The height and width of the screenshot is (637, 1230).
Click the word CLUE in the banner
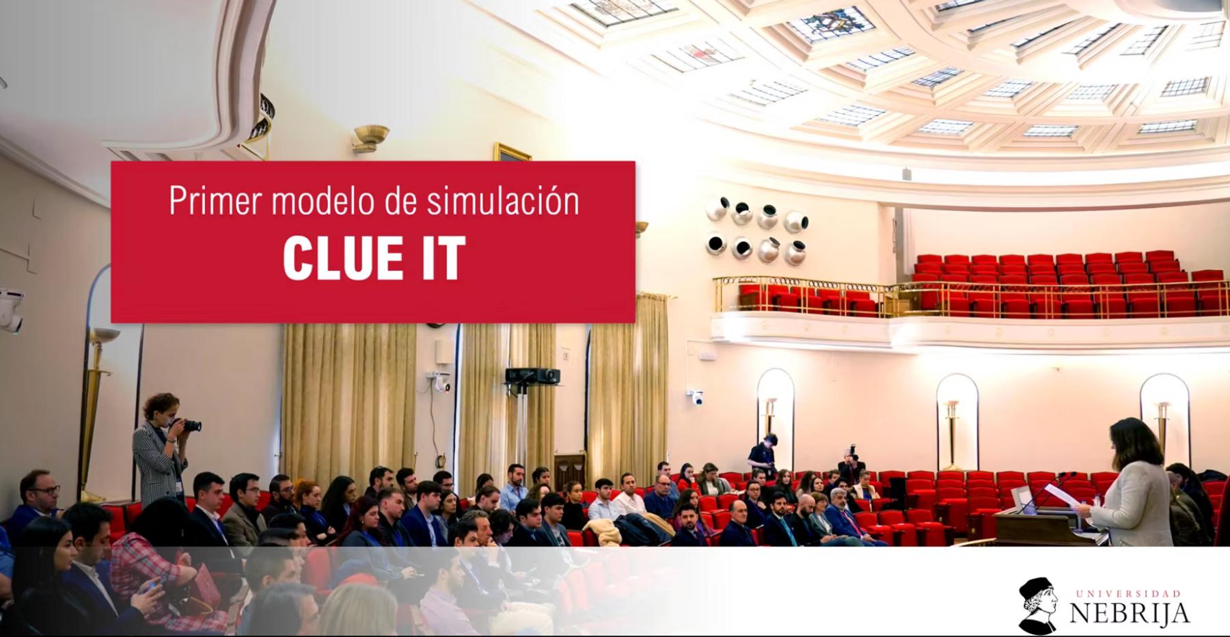point(343,258)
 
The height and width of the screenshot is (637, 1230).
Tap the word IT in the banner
point(443,258)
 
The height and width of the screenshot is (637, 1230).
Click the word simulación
point(503,200)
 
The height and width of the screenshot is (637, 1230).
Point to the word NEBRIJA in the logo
point(1129,613)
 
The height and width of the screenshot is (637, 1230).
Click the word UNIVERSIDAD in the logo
point(1128,593)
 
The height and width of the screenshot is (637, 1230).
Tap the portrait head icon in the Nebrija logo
point(1037,605)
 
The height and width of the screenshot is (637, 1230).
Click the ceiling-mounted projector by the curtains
point(532,375)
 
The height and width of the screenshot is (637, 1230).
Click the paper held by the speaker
point(1060,495)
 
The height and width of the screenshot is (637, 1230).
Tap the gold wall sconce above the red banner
point(370,137)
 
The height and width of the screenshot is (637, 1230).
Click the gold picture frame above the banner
point(512,152)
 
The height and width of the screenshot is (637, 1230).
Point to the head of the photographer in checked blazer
point(161,408)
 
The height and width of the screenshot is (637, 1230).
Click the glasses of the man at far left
point(46,490)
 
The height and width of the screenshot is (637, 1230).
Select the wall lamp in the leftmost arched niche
point(771,414)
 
